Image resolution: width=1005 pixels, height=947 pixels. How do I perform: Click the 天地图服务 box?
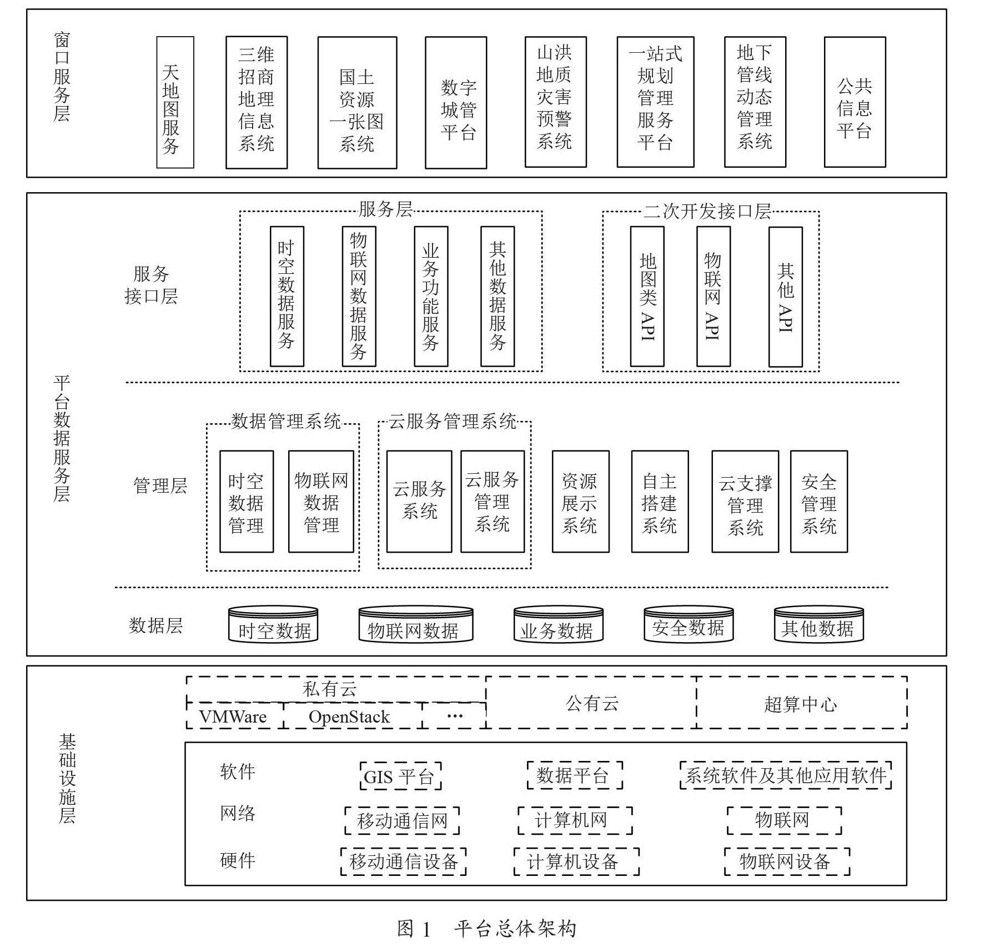pyautogui.click(x=175, y=102)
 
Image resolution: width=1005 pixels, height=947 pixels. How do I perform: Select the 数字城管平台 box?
pyautogui.click(x=456, y=103)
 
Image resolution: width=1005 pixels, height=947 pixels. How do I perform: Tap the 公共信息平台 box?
pyautogui.click(x=855, y=102)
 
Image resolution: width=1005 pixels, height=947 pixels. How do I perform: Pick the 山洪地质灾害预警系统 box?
pyautogui.click(x=555, y=102)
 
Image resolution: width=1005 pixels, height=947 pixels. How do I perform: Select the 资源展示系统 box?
pyautogui.click(x=580, y=502)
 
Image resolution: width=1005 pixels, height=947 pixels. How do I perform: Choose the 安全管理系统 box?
pyautogui.click(x=818, y=502)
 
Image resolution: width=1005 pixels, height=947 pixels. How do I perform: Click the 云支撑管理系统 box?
pyautogui.click(x=745, y=502)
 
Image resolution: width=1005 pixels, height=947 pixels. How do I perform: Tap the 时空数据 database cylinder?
pyautogui.click(x=273, y=625)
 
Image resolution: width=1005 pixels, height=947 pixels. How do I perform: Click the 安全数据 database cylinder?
pyautogui.click(x=688, y=624)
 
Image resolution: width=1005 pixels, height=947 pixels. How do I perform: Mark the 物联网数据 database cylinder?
pyautogui.click(x=415, y=625)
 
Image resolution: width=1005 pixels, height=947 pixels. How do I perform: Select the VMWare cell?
pyautogui.click(x=234, y=716)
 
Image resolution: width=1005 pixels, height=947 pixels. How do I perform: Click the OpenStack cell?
pyautogui.click(x=350, y=716)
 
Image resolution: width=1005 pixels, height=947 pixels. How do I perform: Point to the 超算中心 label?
pyautogui.click(x=800, y=704)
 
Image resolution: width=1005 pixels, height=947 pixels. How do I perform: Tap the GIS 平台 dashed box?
pyautogui.click(x=400, y=776)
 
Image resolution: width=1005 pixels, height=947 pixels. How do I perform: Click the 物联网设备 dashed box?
pyautogui.click(x=786, y=861)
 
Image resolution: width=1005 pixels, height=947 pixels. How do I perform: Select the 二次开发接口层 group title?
pyautogui.click(x=707, y=211)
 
